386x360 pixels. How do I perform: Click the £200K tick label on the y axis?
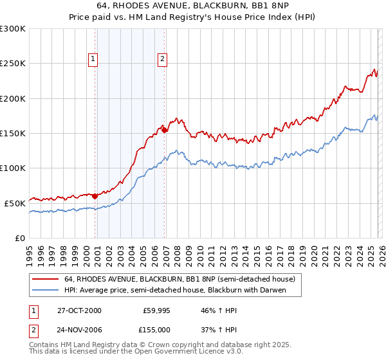[x=13, y=98]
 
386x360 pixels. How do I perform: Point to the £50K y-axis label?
[x=15, y=203]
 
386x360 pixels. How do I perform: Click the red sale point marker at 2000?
[x=95, y=196]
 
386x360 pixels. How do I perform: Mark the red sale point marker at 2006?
[x=165, y=130]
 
